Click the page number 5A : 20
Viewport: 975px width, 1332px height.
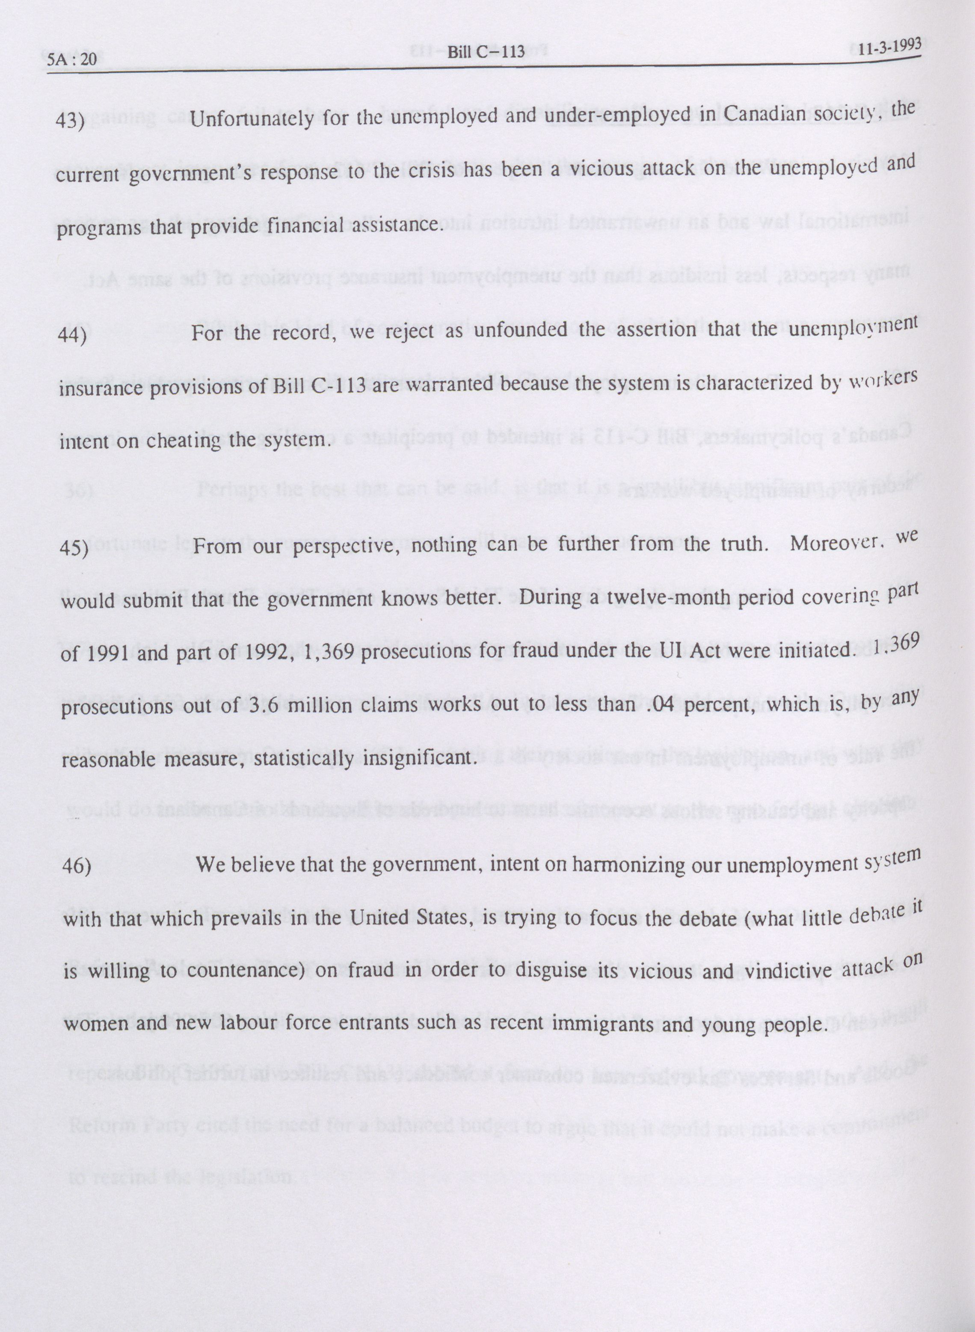71,59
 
